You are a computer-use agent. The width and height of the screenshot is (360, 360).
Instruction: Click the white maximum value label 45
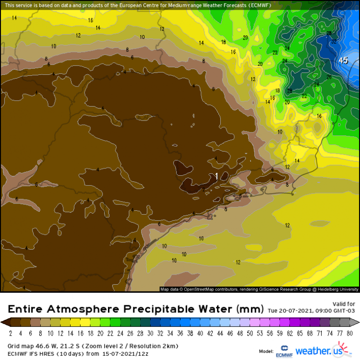click(x=343, y=60)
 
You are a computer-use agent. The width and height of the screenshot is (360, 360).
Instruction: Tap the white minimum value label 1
click(x=216, y=177)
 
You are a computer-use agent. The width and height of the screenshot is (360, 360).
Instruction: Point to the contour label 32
click(x=333, y=41)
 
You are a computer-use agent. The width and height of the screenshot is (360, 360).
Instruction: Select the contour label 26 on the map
click(x=329, y=77)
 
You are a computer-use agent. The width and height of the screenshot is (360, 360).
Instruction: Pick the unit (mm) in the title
click(x=250, y=308)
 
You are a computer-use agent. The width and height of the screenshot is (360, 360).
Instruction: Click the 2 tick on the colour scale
click(x=11, y=333)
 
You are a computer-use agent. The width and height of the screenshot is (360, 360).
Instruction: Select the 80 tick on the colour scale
click(x=349, y=333)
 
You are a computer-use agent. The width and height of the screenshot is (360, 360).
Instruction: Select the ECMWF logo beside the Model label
click(x=283, y=350)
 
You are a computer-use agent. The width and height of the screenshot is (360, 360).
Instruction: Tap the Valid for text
click(x=344, y=303)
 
